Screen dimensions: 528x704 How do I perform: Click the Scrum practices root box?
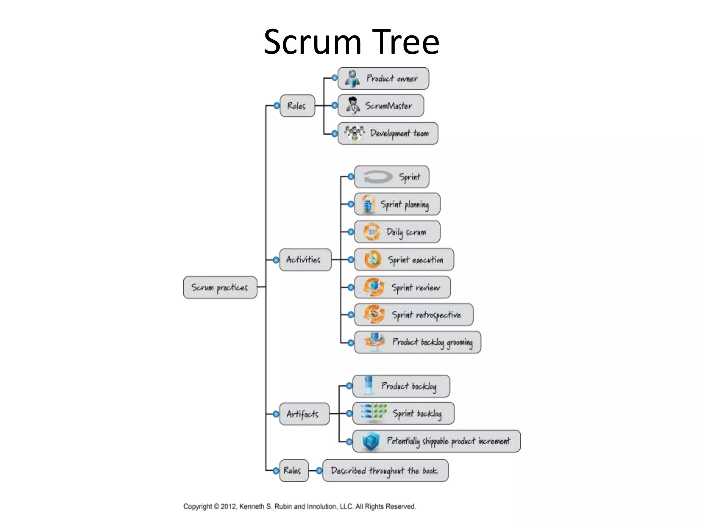coord(220,287)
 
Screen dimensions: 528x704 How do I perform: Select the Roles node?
coord(297,106)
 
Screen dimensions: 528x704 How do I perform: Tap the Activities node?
coord(305,260)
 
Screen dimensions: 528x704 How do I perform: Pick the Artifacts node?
coord(304,414)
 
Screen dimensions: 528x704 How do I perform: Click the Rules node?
coord(293,470)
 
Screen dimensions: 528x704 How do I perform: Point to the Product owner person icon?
coord(352,79)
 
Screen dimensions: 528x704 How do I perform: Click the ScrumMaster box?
coord(381,106)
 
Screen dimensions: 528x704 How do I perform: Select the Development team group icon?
coord(354,133)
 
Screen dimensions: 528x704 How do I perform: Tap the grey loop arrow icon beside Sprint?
coord(377,177)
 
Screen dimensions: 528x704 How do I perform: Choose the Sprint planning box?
coord(397,204)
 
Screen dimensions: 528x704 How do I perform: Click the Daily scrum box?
coord(397,232)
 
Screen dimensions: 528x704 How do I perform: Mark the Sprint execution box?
coord(404,260)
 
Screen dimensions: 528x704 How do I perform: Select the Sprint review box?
coord(402,287)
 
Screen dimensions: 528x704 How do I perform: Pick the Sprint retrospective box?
coord(414,315)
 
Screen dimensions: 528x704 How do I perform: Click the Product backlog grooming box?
coord(417,342)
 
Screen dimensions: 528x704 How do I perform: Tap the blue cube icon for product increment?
coord(371,441)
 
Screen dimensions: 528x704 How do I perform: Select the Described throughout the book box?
coord(385,471)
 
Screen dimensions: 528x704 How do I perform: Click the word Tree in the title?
coord(406,42)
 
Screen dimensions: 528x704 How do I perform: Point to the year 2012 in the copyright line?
coord(228,506)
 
